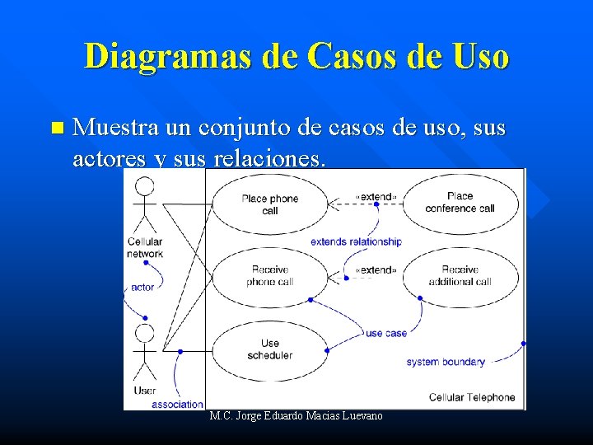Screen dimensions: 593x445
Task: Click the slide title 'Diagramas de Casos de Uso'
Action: tap(296, 57)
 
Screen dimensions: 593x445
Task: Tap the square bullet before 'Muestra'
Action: tap(56, 128)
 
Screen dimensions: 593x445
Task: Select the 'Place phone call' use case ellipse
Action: tap(270, 204)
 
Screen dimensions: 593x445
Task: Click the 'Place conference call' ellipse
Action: tap(460, 203)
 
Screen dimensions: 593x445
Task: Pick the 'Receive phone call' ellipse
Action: tap(270, 276)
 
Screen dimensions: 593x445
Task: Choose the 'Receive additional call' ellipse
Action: tap(460, 276)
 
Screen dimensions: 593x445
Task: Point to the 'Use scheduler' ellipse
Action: tap(270, 349)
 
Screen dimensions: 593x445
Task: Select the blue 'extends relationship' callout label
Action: tap(356, 241)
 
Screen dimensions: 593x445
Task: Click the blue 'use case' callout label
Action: tap(385, 333)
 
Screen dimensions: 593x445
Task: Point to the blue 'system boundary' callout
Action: tap(446, 362)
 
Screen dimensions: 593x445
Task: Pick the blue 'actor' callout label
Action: tap(142, 288)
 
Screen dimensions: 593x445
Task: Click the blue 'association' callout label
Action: tap(177, 404)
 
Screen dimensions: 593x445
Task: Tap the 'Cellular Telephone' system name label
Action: tap(472, 397)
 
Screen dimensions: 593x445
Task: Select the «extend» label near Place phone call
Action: tap(376, 197)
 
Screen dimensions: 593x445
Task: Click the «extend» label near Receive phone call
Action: tap(376, 270)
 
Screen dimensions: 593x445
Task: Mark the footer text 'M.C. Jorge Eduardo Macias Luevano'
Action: tap(296, 416)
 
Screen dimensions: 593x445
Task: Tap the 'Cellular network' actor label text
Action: tap(145, 248)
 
